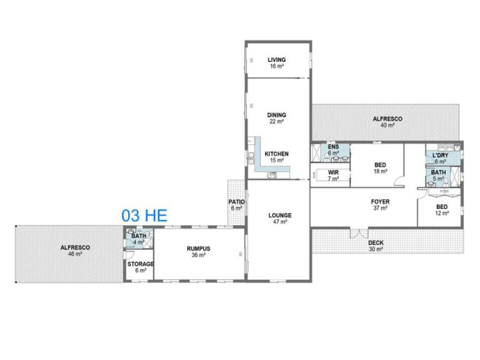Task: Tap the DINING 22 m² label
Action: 276,118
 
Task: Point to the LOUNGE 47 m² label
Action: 280,219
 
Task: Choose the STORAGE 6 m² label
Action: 141,267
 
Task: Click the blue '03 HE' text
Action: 145,215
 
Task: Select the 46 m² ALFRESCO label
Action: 75,251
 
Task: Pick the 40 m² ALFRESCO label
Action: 387,122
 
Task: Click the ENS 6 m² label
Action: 333,150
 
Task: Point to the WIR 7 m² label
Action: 333,175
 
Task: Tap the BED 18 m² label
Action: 381,169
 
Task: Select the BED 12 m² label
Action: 442,210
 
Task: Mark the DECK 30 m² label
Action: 376,246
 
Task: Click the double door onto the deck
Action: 359,233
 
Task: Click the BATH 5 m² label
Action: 438,175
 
